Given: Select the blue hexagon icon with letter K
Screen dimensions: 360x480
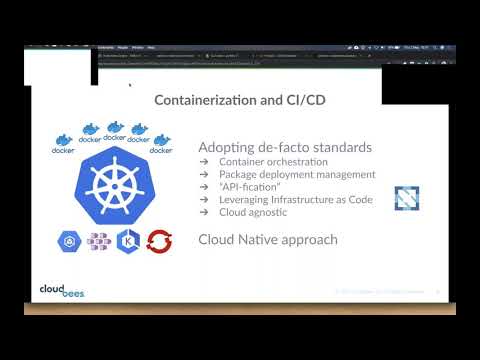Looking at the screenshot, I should point(128,241).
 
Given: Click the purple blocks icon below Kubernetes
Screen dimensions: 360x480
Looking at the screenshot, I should point(98,241).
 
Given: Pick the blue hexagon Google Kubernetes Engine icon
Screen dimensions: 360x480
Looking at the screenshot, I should point(69,241).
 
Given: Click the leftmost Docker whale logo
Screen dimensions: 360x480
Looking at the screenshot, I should point(63,143).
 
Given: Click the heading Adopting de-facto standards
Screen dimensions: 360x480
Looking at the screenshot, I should point(285,147).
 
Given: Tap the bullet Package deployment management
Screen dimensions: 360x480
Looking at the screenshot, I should point(289,174).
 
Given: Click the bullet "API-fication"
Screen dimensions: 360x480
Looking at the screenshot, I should point(249,186).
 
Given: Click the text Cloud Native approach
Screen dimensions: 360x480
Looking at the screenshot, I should point(267,239).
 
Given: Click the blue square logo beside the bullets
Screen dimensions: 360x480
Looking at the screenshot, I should point(406,198).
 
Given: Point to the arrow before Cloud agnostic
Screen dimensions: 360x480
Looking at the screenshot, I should point(203,212).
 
